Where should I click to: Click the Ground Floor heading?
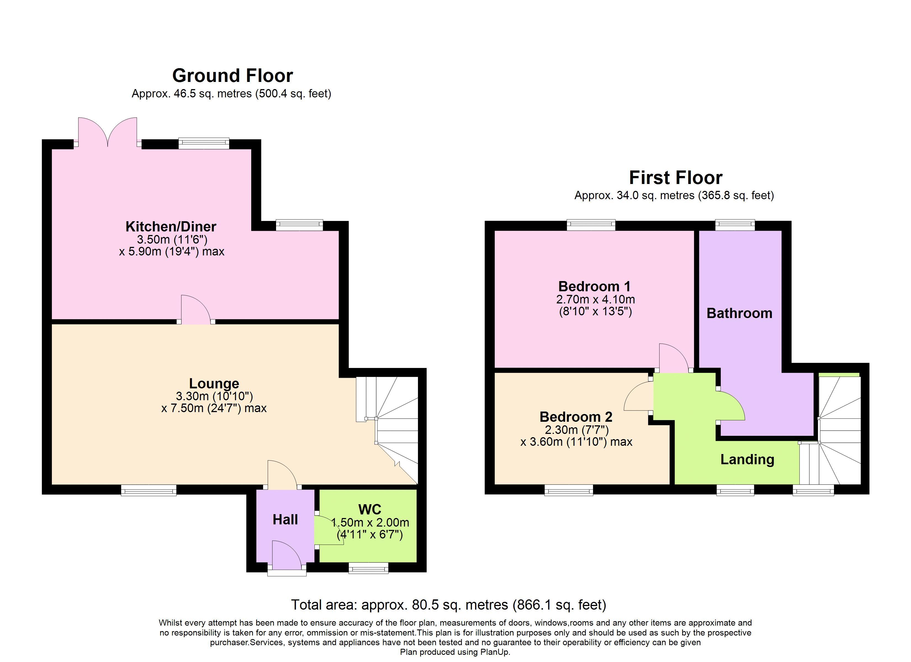click(x=232, y=76)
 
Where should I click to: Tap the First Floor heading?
click(x=676, y=177)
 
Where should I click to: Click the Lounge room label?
click(x=214, y=383)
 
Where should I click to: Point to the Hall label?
click(x=285, y=519)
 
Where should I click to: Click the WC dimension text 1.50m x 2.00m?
click(x=370, y=523)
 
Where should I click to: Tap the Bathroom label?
click(x=739, y=313)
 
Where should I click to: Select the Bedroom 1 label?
click(x=594, y=286)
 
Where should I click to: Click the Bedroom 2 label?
click(x=576, y=417)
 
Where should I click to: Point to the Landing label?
click(x=747, y=459)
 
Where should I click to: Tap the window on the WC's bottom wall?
click(x=368, y=568)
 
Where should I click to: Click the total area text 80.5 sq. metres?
click(x=448, y=605)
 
